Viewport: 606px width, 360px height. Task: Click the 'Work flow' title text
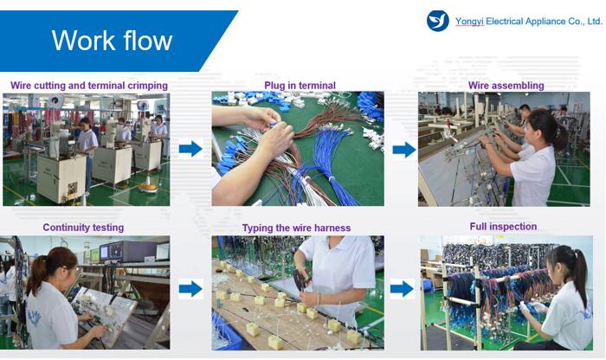coord(112,40)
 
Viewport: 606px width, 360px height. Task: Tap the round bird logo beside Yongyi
coord(437,21)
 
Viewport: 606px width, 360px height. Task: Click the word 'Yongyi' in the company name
coord(469,22)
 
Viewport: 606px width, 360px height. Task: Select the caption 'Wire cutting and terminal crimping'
coord(89,86)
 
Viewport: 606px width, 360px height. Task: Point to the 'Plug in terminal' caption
coord(300,86)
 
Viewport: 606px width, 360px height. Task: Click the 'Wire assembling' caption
coord(506,86)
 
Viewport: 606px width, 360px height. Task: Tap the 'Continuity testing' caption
coord(83,228)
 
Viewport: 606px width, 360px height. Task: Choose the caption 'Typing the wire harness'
coord(296,228)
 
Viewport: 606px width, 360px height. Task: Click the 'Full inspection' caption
coord(503,227)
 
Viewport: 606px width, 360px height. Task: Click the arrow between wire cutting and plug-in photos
coord(190,149)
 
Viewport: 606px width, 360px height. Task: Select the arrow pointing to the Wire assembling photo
coord(404,150)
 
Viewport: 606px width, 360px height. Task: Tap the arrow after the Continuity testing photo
coord(190,288)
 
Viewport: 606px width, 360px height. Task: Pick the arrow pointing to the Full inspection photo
coord(402,289)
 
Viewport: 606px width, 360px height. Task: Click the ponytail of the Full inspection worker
coord(580,273)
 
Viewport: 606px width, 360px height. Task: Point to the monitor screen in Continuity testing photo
coord(105,253)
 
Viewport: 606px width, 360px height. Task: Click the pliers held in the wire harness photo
coord(300,279)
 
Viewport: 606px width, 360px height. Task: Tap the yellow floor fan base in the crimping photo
coord(148,187)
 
